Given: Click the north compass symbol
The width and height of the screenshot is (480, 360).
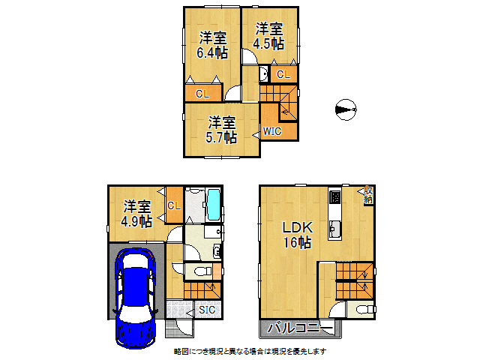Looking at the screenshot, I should pyautogui.click(x=343, y=109).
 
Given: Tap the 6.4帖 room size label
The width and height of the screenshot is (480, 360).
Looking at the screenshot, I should pyautogui.click(x=211, y=53).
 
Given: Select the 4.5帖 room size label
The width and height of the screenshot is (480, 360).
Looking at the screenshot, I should pyautogui.click(x=268, y=44).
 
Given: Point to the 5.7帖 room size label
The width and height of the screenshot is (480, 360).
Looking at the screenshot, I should pyautogui.click(x=223, y=137).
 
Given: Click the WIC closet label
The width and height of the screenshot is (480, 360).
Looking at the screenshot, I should pyautogui.click(x=271, y=132).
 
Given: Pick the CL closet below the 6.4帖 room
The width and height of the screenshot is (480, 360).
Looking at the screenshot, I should pyautogui.click(x=202, y=94).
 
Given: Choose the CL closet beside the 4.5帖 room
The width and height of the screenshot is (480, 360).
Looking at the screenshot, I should pyautogui.click(x=283, y=74).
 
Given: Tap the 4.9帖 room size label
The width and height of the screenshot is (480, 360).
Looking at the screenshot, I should pyautogui.click(x=138, y=221).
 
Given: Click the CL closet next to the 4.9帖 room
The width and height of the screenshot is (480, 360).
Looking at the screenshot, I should pyautogui.click(x=173, y=205).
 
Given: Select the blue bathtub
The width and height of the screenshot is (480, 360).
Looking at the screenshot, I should pyautogui.click(x=213, y=205).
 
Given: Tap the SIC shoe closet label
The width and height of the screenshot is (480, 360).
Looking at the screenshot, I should pyautogui.click(x=208, y=310).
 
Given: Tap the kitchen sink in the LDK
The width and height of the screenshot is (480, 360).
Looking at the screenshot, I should pyautogui.click(x=335, y=229).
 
